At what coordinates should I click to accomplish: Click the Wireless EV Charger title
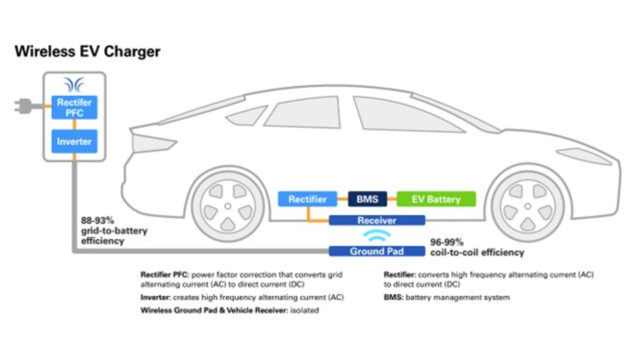87,51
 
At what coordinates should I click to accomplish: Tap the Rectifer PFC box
74,107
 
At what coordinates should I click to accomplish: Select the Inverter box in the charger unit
74,141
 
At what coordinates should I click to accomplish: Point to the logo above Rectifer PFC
74,85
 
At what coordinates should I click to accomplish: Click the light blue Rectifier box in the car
307,199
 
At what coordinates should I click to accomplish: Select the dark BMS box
367,199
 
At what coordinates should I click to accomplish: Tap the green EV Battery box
436,199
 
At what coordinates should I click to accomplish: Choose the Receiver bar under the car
376,220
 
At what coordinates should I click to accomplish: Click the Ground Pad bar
376,251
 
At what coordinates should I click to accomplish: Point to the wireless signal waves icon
376,235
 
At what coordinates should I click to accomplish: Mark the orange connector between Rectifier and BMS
342,199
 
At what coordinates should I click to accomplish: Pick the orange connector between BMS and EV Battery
391,199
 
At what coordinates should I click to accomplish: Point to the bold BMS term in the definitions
393,297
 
